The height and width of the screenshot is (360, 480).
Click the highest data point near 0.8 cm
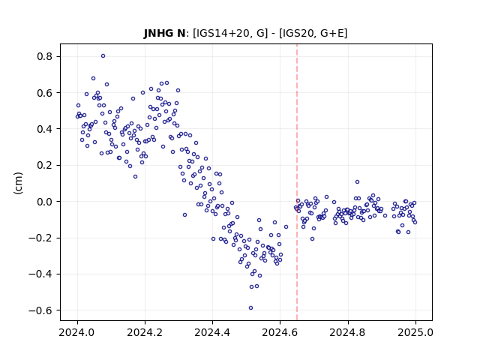[103, 56]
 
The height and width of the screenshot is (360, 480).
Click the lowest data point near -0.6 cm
[250, 308]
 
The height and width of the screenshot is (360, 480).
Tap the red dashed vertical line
[297, 182]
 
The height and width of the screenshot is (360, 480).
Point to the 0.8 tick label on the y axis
[45, 57]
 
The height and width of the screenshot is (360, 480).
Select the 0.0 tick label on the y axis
[45, 202]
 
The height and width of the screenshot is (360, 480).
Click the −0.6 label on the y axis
[40, 310]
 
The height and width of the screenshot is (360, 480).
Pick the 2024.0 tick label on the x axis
[78, 332]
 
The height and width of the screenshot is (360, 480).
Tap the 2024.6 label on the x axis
[280, 332]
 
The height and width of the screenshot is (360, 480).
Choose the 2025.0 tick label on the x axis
[415, 332]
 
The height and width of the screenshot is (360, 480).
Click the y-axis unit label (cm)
[18, 183]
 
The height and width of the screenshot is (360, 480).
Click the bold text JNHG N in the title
[164, 33]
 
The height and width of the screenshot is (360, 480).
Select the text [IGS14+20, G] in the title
[230, 33]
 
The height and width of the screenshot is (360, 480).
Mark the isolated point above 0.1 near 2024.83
[357, 181]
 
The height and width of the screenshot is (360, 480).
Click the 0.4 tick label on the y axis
[45, 129]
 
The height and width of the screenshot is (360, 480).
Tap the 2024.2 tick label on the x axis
[145, 332]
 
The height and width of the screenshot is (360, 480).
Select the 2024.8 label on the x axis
[348, 332]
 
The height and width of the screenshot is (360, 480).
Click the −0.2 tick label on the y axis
[40, 238]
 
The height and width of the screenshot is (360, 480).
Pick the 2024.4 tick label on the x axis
[212, 332]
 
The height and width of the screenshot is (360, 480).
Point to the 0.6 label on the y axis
[45, 93]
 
